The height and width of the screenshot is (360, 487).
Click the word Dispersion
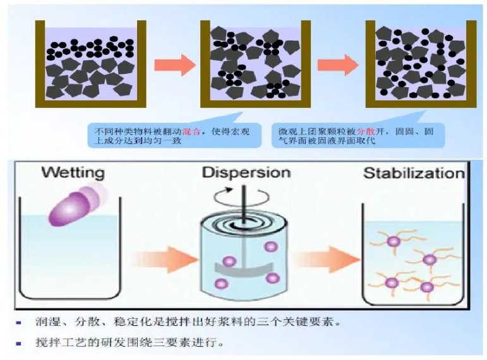(247, 172)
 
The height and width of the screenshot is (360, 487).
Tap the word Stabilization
(414, 172)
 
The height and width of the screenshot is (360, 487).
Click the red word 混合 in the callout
(191, 130)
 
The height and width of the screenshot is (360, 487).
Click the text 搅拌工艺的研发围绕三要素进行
(126, 344)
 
